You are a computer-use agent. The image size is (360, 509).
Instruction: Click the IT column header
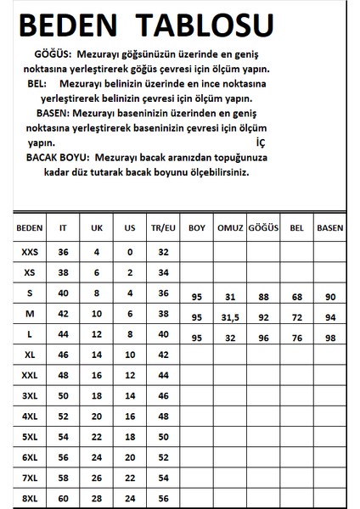pos(63,228)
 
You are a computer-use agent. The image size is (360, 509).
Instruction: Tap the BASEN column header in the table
pos(329,228)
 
